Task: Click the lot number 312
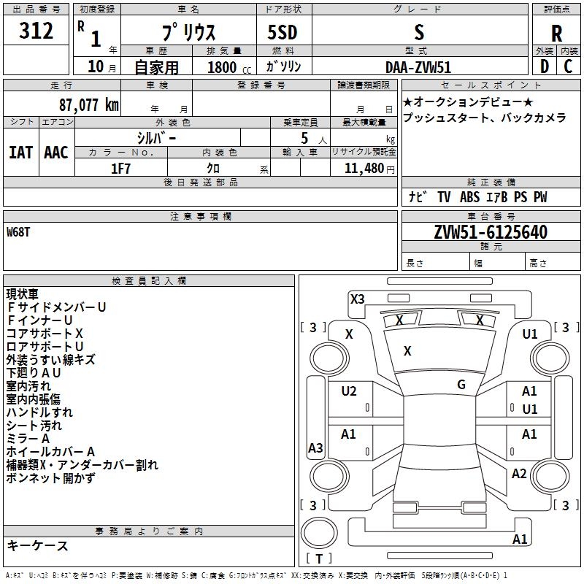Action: [36, 31]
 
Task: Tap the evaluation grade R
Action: [556, 33]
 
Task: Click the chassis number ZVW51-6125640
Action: [490, 232]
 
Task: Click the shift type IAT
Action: [20, 153]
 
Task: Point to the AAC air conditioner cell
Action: [56, 153]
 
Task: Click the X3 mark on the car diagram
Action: [357, 299]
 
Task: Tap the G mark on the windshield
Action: [461, 385]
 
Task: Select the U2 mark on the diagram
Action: [349, 391]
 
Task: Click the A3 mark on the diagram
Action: [315, 448]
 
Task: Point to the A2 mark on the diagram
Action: [519, 474]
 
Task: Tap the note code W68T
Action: [20, 232]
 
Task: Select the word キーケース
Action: [38, 546]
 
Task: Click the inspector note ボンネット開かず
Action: [50, 478]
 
